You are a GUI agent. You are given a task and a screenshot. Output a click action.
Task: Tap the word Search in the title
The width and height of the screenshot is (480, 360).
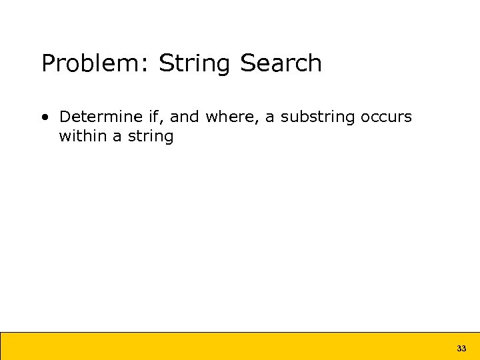[281, 64]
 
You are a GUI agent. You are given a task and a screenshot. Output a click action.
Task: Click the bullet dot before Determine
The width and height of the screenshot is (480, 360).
[45, 118]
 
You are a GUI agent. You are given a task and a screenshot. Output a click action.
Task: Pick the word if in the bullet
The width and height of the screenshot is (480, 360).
[155, 117]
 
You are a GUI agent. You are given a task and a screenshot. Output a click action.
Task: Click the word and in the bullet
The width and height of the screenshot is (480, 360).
[185, 117]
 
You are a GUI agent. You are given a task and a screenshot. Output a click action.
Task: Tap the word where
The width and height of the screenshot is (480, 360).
[231, 117]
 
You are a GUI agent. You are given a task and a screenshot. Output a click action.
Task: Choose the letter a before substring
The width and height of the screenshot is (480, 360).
[270, 118]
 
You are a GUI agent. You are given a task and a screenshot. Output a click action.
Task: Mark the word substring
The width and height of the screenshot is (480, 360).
[318, 118]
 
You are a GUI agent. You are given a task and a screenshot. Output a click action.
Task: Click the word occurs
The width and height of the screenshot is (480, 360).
[387, 118]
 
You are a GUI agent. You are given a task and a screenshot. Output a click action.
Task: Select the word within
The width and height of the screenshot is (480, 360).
[83, 137]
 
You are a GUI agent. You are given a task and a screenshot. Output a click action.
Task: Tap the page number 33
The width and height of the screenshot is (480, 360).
[461, 349]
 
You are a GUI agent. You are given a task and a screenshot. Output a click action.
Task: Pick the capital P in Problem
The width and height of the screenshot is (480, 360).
[48, 64]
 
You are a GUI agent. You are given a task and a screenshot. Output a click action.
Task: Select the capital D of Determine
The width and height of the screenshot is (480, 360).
[65, 117]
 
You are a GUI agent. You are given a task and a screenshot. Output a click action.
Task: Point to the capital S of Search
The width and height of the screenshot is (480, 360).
[247, 64]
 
